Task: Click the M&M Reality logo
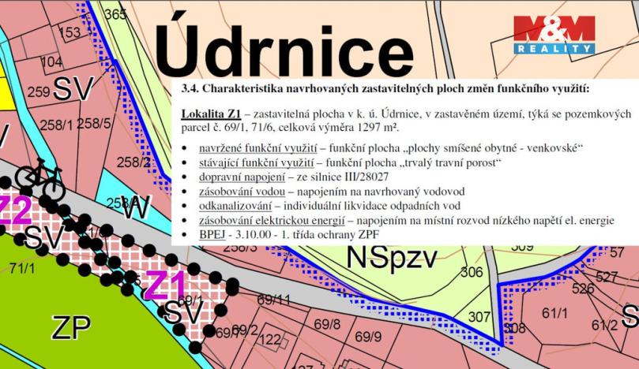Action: click(554, 35)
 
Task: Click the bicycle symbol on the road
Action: click(39, 179)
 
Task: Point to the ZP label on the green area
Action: click(70, 326)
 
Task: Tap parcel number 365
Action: click(115, 15)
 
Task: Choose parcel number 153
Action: click(70, 32)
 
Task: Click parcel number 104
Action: click(51, 62)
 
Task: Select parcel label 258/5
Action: click(94, 123)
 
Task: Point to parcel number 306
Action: click(471, 272)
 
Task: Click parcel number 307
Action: click(479, 318)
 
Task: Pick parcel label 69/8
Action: click(327, 324)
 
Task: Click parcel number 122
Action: click(270, 340)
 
